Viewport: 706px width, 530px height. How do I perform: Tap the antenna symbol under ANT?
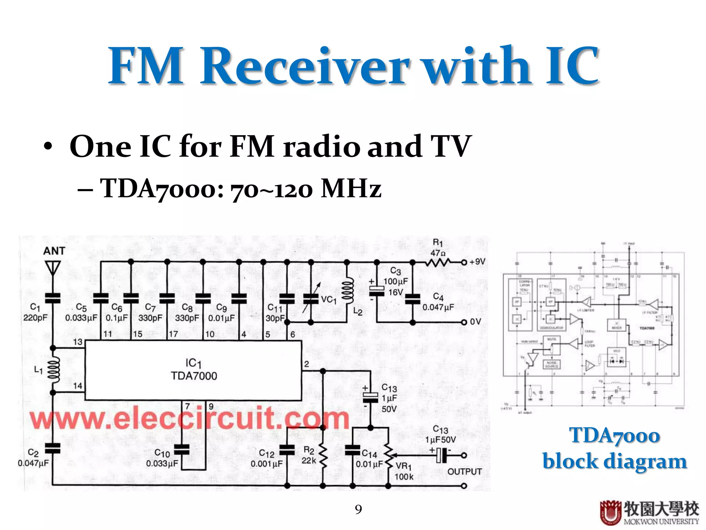(x=52, y=268)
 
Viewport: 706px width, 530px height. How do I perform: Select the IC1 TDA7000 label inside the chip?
(x=194, y=370)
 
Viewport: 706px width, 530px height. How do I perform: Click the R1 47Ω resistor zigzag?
(x=437, y=263)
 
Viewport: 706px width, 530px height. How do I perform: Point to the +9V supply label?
(x=477, y=262)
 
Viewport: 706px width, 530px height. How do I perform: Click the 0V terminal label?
(x=475, y=322)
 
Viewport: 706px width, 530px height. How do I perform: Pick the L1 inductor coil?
(x=54, y=370)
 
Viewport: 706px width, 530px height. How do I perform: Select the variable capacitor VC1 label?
(x=329, y=299)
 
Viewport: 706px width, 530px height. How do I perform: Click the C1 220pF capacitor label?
(x=35, y=312)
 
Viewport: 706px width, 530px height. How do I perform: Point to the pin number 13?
(x=78, y=342)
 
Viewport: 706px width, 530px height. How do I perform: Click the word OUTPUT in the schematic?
(x=464, y=472)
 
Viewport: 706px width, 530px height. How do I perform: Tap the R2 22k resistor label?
(x=309, y=455)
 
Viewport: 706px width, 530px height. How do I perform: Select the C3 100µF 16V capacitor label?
(x=395, y=281)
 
